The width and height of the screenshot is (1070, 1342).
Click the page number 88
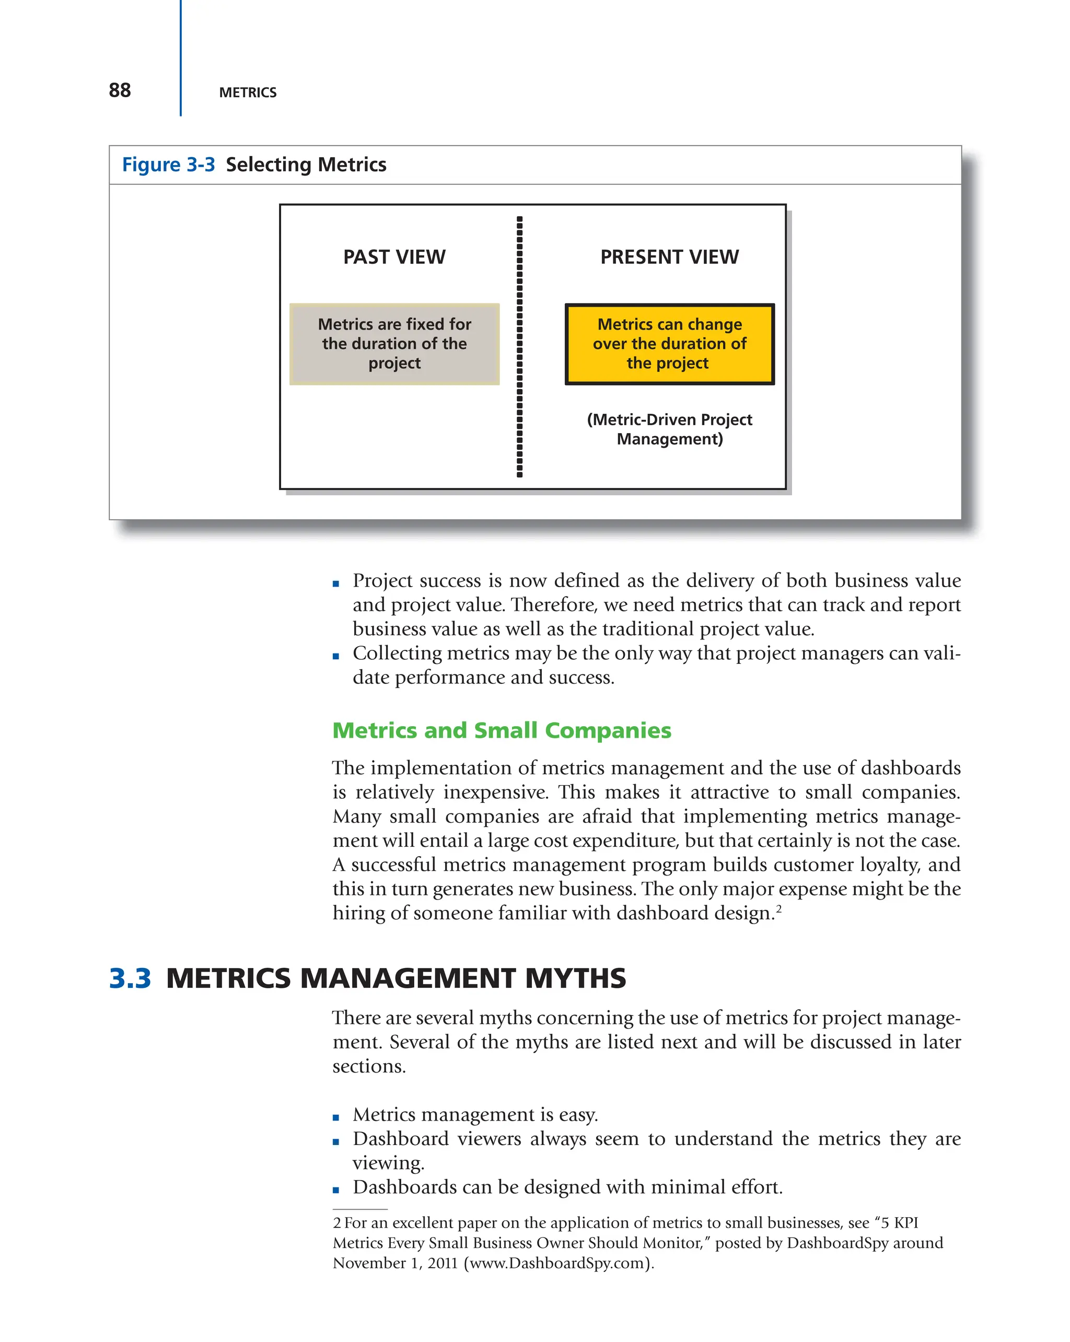point(120,90)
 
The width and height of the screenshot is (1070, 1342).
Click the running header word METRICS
point(248,93)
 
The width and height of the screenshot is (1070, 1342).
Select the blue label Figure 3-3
point(168,165)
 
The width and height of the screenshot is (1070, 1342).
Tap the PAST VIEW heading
point(394,257)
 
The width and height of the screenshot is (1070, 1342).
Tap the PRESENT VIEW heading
point(669,257)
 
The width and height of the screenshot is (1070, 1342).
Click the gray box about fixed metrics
point(394,344)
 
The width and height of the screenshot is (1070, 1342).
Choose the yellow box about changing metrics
point(669,344)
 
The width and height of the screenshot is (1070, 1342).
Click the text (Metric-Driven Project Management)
point(669,429)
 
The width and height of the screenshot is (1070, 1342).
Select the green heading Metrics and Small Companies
point(501,730)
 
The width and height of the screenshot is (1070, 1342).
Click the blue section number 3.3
point(130,978)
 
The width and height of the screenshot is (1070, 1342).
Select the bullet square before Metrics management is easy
point(336,1117)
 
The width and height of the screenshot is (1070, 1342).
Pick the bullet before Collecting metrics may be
point(336,656)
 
